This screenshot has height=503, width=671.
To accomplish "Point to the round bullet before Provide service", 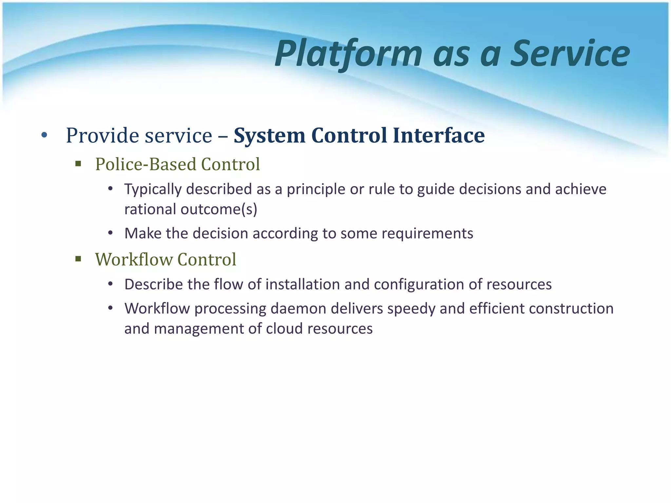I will [x=45, y=135].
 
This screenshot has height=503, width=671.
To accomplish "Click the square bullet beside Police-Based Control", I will [x=78, y=164].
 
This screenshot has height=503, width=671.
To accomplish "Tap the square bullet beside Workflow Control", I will [x=78, y=259].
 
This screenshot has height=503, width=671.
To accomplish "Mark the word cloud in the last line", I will [x=284, y=329].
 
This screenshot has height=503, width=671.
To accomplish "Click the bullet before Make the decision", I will [x=110, y=233].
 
